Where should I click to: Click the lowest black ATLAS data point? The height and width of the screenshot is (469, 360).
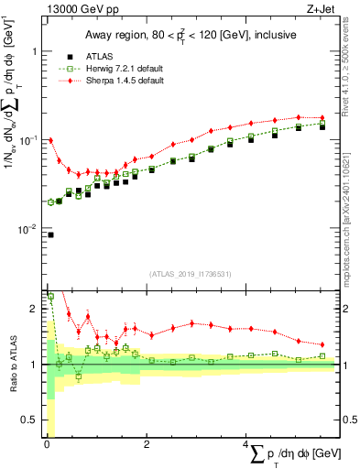point(49,234)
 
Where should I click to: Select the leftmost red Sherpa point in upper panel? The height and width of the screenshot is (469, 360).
point(49,140)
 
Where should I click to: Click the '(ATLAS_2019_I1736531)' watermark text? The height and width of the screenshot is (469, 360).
point(191,274)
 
